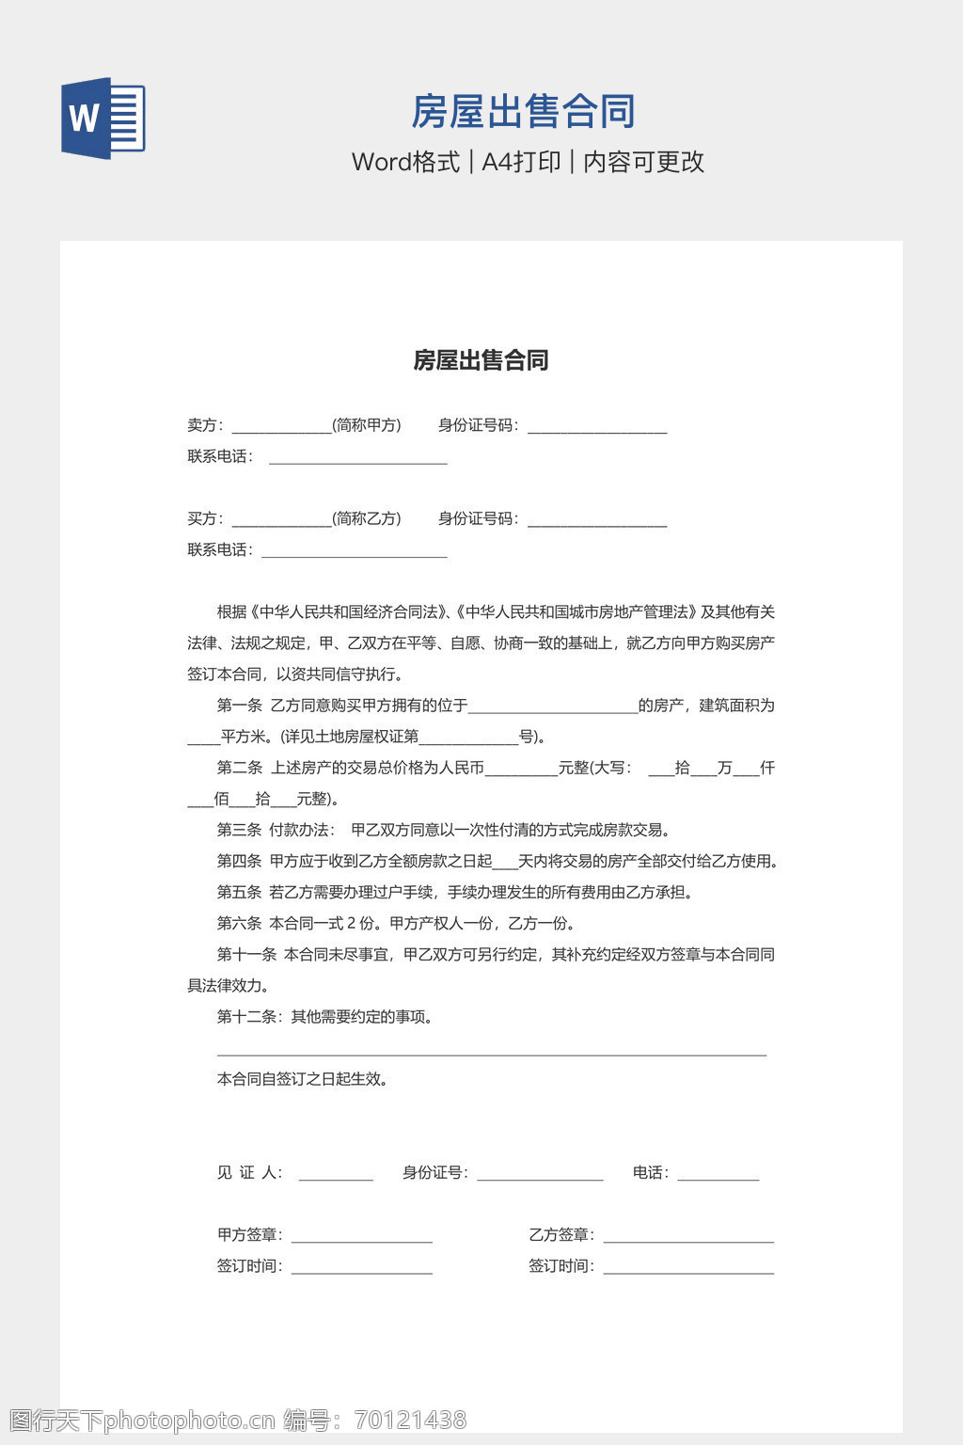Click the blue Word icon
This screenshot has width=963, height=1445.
click(103, 118)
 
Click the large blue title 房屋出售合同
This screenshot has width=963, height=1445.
click(523, 111)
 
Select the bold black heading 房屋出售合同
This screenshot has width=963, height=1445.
click(481, 360)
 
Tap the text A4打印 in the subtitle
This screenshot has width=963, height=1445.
click(521, 162)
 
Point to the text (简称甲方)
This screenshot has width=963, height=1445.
click(367, 425)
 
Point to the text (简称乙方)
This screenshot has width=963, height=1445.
click(367, 518)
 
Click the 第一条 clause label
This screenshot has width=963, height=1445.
click(239, 706)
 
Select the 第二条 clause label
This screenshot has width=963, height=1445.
click(239, 768)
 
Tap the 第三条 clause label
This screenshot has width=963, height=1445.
click(239, 830)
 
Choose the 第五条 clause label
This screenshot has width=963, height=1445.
click(239, 892)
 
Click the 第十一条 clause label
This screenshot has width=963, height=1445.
click(246, 954)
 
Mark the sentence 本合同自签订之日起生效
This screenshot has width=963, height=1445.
click(303, 1079)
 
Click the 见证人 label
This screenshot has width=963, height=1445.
click(248, 1172)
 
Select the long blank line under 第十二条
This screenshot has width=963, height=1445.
click(491, 1053)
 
